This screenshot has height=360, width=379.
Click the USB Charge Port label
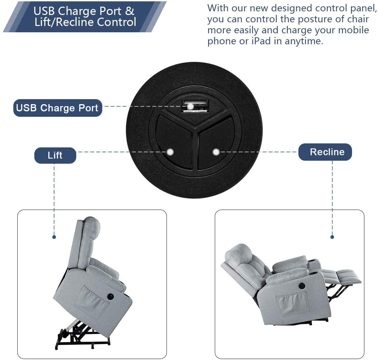(x=58, y=108)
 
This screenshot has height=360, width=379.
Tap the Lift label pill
(x=55, y=155)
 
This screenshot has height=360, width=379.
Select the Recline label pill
(x=325, y=152)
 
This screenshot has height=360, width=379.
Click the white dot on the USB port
(x=191, y=106)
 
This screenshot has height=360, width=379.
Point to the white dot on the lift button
(x=170, y=152)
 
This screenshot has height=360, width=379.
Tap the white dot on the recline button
(x=216, y=152)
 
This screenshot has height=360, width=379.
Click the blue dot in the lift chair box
(x=54, y=237)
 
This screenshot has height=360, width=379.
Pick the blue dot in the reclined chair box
(x=332, y=237)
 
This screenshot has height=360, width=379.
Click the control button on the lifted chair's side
(x=110, y=296)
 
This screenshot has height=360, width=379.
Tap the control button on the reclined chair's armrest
(x=301, y=286)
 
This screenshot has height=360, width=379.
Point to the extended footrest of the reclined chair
(x=343, y=277)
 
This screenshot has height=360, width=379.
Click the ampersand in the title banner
(x=130, y=11)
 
